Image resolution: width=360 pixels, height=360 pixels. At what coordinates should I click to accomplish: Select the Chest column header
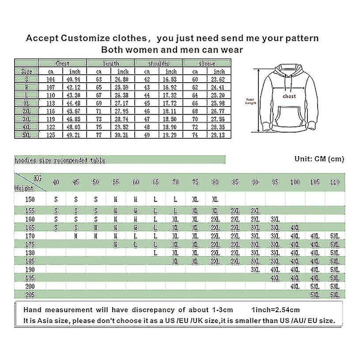pyautogui.click(x=62, y=63)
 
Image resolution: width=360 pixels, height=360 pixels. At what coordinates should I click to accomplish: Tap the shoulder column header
pyautogui.click(x=159, y=63)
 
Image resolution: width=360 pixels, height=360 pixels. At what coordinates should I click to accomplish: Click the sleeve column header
pyautogui.click(x=208, y=63)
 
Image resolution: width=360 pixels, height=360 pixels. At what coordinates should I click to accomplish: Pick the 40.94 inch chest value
pyautogui.click(x=74, y=79)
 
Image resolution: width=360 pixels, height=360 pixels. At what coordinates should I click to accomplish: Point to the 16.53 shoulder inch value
pyautogui.click(x=170, y=79)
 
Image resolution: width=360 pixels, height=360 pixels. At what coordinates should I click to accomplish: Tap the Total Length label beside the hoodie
pyautogui.click(x=250, y=101)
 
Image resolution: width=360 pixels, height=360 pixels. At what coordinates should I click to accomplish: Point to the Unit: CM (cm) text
pyautogui.click(x=320, y=159)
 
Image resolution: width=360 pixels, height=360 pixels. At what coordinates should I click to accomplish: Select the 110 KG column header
pyautogui.click(x=335, y=182)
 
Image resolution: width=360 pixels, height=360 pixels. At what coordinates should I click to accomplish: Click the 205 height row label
pyautogui.click(x=30, y=295)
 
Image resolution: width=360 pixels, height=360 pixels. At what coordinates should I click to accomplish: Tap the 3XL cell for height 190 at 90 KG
pyautogui.click(x=255, y=269)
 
